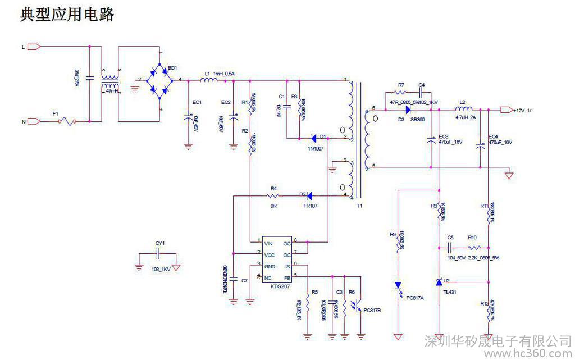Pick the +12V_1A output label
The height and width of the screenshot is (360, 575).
tap(522, 111)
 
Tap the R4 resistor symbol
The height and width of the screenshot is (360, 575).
tap(273, 195)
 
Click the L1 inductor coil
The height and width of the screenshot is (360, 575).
tap(209, 81)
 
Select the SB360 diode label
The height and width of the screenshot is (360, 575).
tap(417, 120)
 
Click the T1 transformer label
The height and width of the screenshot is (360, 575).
tap(359, 206)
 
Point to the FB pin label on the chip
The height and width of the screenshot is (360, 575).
tap(287, 277)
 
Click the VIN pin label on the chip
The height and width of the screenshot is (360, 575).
tap(268, 244)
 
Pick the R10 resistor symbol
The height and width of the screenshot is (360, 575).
tap(473, 248)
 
